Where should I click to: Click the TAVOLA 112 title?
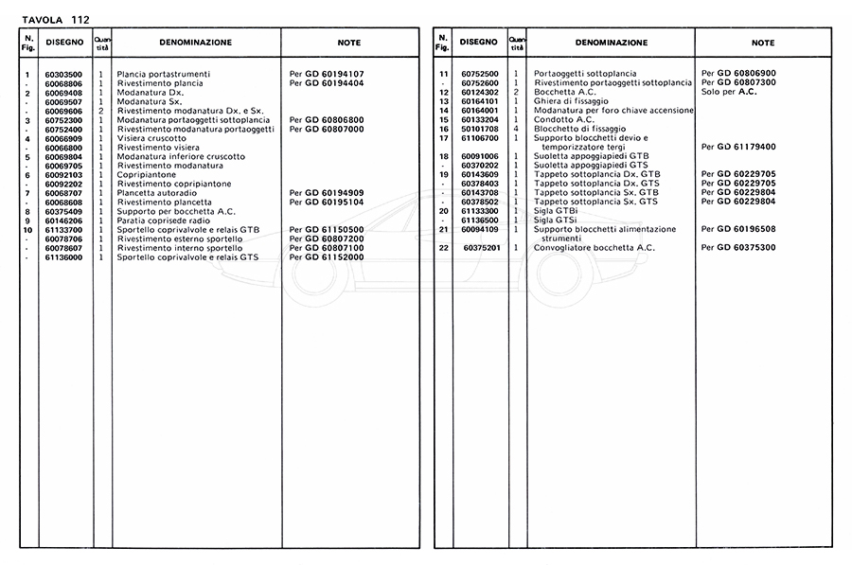click(x=55, y=10)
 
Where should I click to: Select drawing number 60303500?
click(x=63, y=74)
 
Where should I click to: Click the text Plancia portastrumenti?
click(x=164, y=74)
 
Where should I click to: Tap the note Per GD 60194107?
click(x=328, y=74)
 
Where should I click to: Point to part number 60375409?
click(x=63, y=211)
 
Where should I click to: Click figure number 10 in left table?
click(x=27, y=229)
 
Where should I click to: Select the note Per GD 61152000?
click(x=328, y=256)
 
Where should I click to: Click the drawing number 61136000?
click(x=63, y=256)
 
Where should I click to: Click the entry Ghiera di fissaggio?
click(x=571, y=101)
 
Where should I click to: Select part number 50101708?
click(x=480, y=129)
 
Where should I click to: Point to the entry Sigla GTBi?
click(x=554, y=211)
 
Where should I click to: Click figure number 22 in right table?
click(x=443, y=248)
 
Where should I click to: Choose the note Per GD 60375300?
click(x=739, y=248)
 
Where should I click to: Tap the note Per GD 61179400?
click(x=739, y=147)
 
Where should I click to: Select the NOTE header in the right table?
click(x=763, y=43)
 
